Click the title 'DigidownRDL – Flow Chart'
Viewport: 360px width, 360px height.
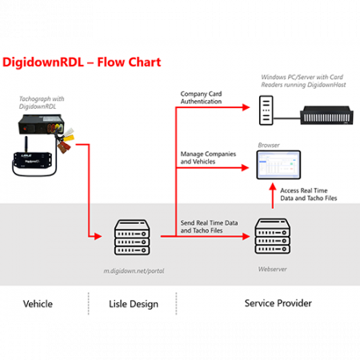pyautogui.click(x=82, y=62)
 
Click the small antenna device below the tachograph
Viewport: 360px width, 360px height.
pyautogui.click(x=34, y=159)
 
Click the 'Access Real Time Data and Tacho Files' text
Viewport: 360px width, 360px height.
pyautogui.click(x=309, y=194)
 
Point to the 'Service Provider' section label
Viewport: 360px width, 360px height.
pyautogui.click(x=278, y=303)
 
